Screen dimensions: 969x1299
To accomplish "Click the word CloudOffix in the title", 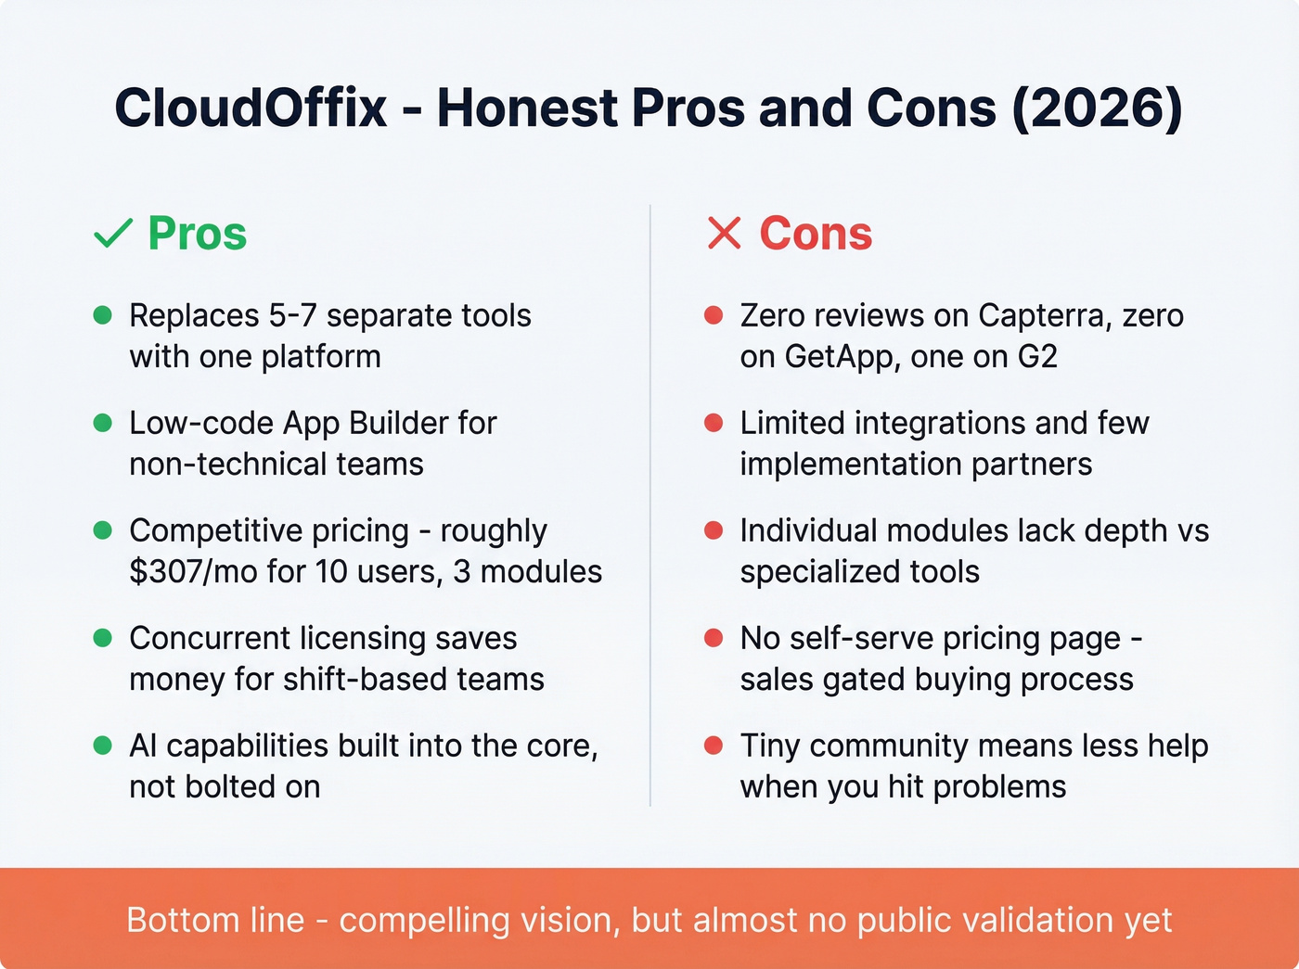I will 251,108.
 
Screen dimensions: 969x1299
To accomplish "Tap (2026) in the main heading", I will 1097,108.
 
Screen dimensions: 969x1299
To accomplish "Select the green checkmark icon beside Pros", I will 113,234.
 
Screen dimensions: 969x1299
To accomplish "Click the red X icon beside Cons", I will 724,234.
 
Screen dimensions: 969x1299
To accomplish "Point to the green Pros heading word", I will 198,234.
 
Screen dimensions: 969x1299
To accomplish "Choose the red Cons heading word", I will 816,234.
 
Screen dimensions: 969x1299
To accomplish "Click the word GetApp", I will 841,356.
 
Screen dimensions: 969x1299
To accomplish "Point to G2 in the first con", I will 1036,356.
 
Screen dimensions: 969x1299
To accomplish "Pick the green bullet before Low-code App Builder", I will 103,423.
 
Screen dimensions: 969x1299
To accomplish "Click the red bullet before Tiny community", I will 714,746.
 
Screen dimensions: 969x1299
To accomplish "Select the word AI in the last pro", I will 143,746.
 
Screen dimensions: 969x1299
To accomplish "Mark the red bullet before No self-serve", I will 714,638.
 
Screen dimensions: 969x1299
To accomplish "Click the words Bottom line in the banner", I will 215,920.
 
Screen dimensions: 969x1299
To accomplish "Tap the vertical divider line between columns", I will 650,505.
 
